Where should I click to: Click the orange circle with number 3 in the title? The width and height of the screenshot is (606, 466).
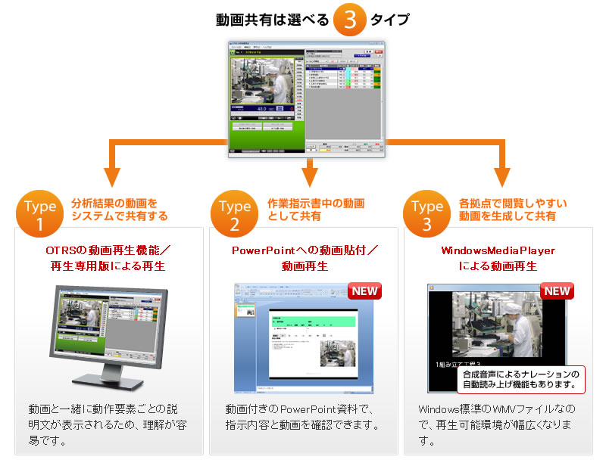point(350,20)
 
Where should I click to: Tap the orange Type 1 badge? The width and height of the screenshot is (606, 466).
point(40,213)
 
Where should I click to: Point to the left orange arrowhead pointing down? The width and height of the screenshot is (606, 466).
point(113,176)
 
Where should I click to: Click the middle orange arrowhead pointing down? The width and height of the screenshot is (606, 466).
point(307,176)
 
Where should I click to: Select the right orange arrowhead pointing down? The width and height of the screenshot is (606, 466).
point(501,176)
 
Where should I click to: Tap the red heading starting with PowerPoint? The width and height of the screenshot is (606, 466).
point(305,257)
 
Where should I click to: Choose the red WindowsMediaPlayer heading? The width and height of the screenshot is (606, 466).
point(498,257)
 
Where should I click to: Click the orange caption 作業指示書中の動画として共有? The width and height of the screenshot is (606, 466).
point(316,210)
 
